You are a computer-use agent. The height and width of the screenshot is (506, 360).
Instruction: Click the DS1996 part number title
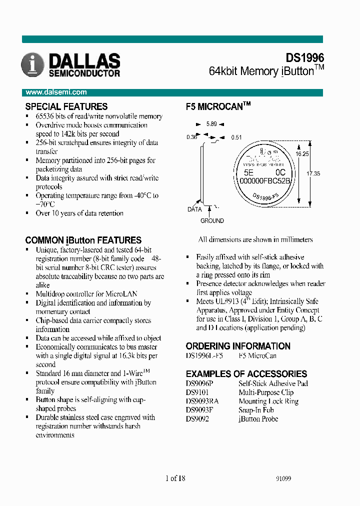click(x=304, y=58)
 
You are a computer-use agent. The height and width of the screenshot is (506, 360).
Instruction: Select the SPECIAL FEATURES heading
click(x=66, y=106)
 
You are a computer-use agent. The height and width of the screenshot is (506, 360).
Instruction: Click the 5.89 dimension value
click(x=212, y=124)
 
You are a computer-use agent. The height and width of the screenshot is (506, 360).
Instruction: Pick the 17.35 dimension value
click(x=313, y=173)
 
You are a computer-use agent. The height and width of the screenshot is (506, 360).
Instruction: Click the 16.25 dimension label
click(x=301, y=154)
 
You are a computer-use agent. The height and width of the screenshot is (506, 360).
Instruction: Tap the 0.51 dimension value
click(x=236, y=137)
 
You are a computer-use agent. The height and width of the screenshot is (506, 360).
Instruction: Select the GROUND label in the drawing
click(x=212, y=220)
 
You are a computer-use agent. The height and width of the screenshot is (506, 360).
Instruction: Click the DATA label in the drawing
click(x=194, y=209)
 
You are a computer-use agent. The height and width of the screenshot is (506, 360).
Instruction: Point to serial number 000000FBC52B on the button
click(x=265, y=180)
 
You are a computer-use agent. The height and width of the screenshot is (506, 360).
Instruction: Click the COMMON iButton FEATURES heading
click(x=83, y=240)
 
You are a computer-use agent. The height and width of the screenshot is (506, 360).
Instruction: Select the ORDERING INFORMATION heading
click(x=238, y=346)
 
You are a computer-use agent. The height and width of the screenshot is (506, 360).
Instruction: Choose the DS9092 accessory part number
click(x=197, y=419)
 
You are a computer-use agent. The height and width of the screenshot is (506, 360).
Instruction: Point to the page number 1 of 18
click(x=175, y=478)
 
